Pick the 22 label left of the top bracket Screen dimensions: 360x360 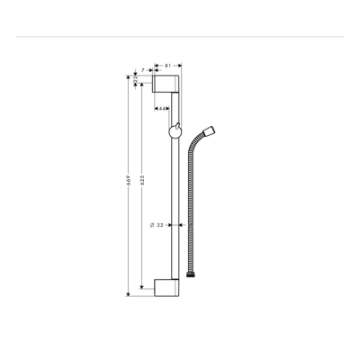(x=135, y=79)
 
